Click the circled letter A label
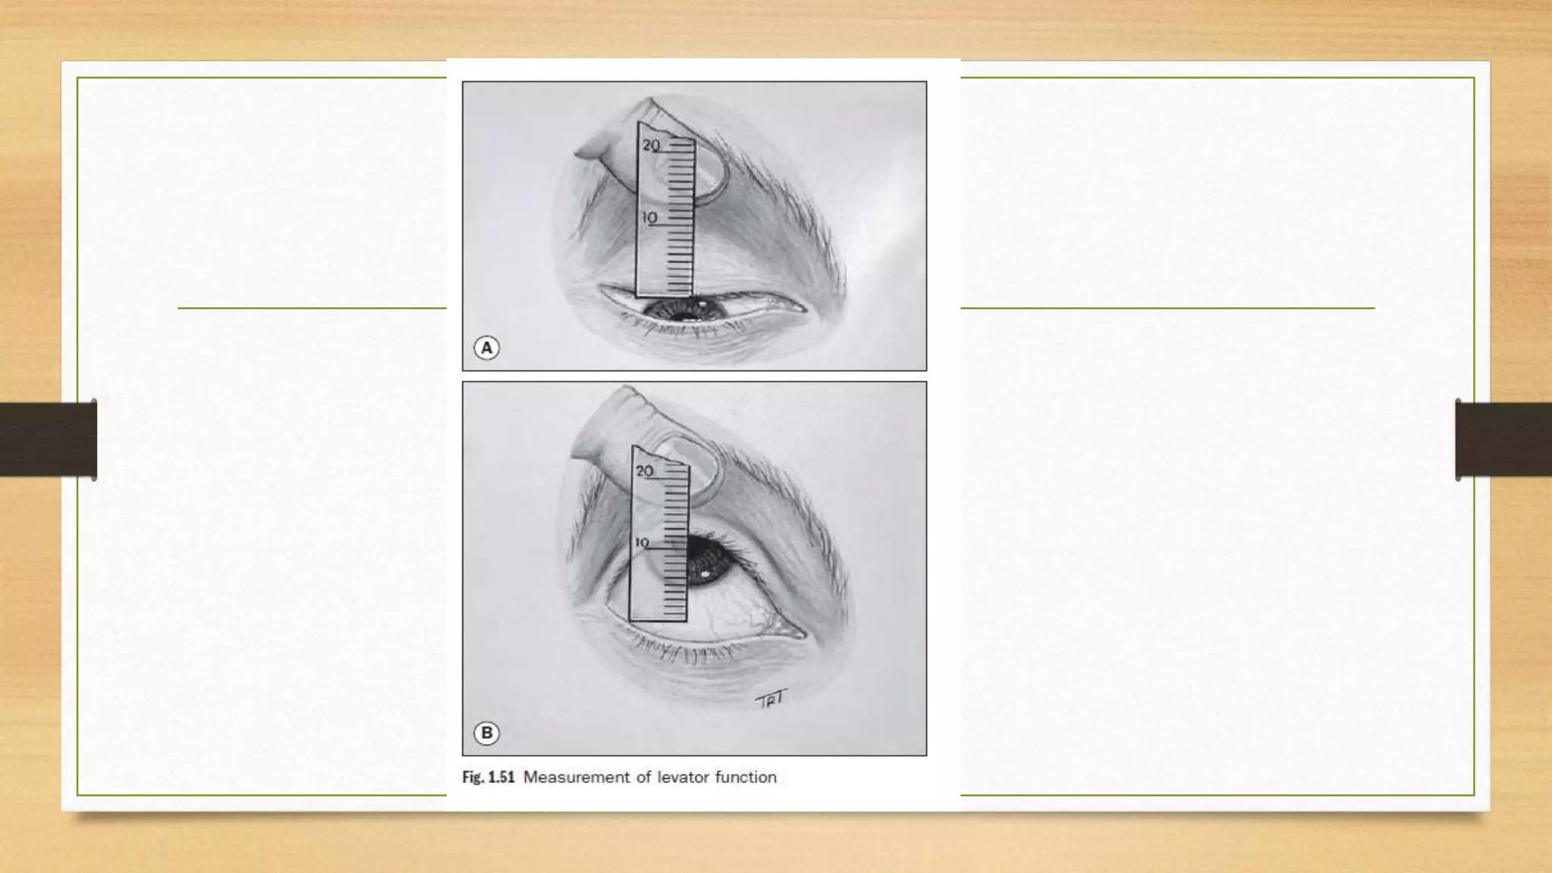[487, 348]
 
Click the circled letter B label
[487, 733]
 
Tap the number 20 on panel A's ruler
[651, 145]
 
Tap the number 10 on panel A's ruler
[649, 218]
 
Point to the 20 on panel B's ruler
[644, 471]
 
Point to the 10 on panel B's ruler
[642, 543]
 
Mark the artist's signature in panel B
[771, 699]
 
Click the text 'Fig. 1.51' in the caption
[488, 778]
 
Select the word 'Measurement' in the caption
[576, 778]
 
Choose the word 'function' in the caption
[746, 778]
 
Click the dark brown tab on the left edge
[48, 440]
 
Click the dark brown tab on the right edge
[1503, 440]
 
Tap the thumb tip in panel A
[587, 152]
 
